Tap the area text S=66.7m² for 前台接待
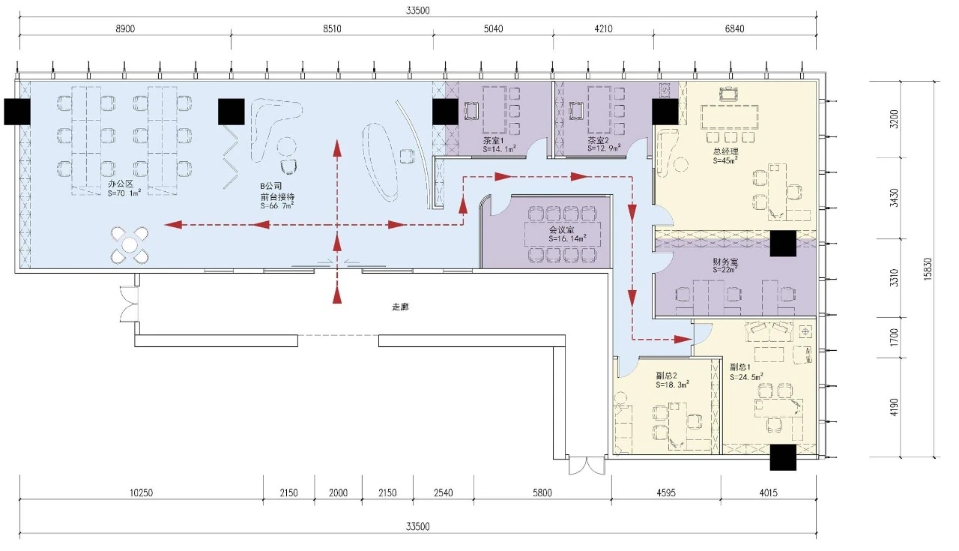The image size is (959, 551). tap(277, 206)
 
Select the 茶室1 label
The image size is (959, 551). tap(493, 140)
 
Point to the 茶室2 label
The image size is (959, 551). tap(598, 140)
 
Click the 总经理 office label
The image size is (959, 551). tap(726, 151)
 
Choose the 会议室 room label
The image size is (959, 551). tap(562, 229)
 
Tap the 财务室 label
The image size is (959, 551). tap(725, 262)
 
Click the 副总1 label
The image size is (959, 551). tap(740, 367)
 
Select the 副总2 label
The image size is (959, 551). tap(666, 376)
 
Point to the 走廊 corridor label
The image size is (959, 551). tap(400, 307)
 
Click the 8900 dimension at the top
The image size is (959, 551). tap(125, 28)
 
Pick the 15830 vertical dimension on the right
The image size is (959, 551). tap(928, 269)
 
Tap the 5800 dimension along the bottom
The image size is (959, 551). tap(542, 493)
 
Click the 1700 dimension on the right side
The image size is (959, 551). tap(894, 337)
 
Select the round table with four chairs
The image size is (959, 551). tap(130, 245)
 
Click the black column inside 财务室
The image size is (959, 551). tap(783, 244)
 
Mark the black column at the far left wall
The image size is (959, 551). tap(17, 112)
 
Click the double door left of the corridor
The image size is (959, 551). tap(129, 304)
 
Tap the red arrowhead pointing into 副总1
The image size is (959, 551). tap(683, 340)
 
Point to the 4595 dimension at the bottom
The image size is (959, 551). tap(666, 493)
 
